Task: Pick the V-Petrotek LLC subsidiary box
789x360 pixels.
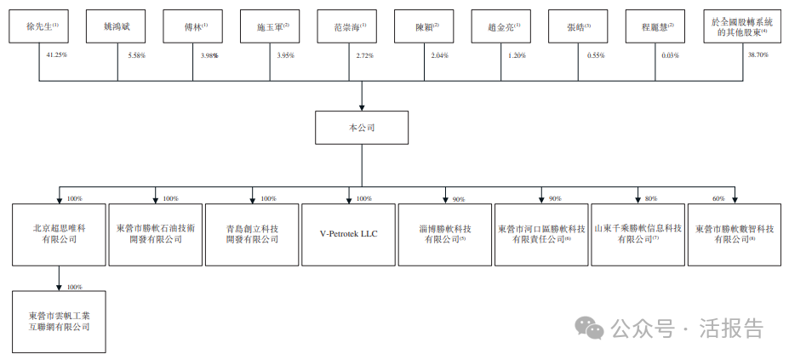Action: point(348,234)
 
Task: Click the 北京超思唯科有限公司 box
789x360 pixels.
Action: point(59,234)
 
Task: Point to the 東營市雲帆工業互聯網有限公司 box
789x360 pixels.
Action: point(59,321)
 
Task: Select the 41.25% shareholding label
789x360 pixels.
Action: point(58,54)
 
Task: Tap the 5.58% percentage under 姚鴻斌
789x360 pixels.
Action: point(135,54)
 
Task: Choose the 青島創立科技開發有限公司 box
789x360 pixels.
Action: point(252,234)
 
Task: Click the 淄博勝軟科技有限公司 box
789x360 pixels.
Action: point(445,234)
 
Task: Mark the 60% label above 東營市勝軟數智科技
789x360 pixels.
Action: point(718,198)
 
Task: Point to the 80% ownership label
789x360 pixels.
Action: point(650,198)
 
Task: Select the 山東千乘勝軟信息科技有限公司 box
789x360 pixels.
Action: point(637,234)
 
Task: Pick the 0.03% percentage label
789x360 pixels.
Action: point(671,54)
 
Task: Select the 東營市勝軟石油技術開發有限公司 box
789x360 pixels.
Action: point(156,234)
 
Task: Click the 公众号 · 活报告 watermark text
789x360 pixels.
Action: point(681,328)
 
